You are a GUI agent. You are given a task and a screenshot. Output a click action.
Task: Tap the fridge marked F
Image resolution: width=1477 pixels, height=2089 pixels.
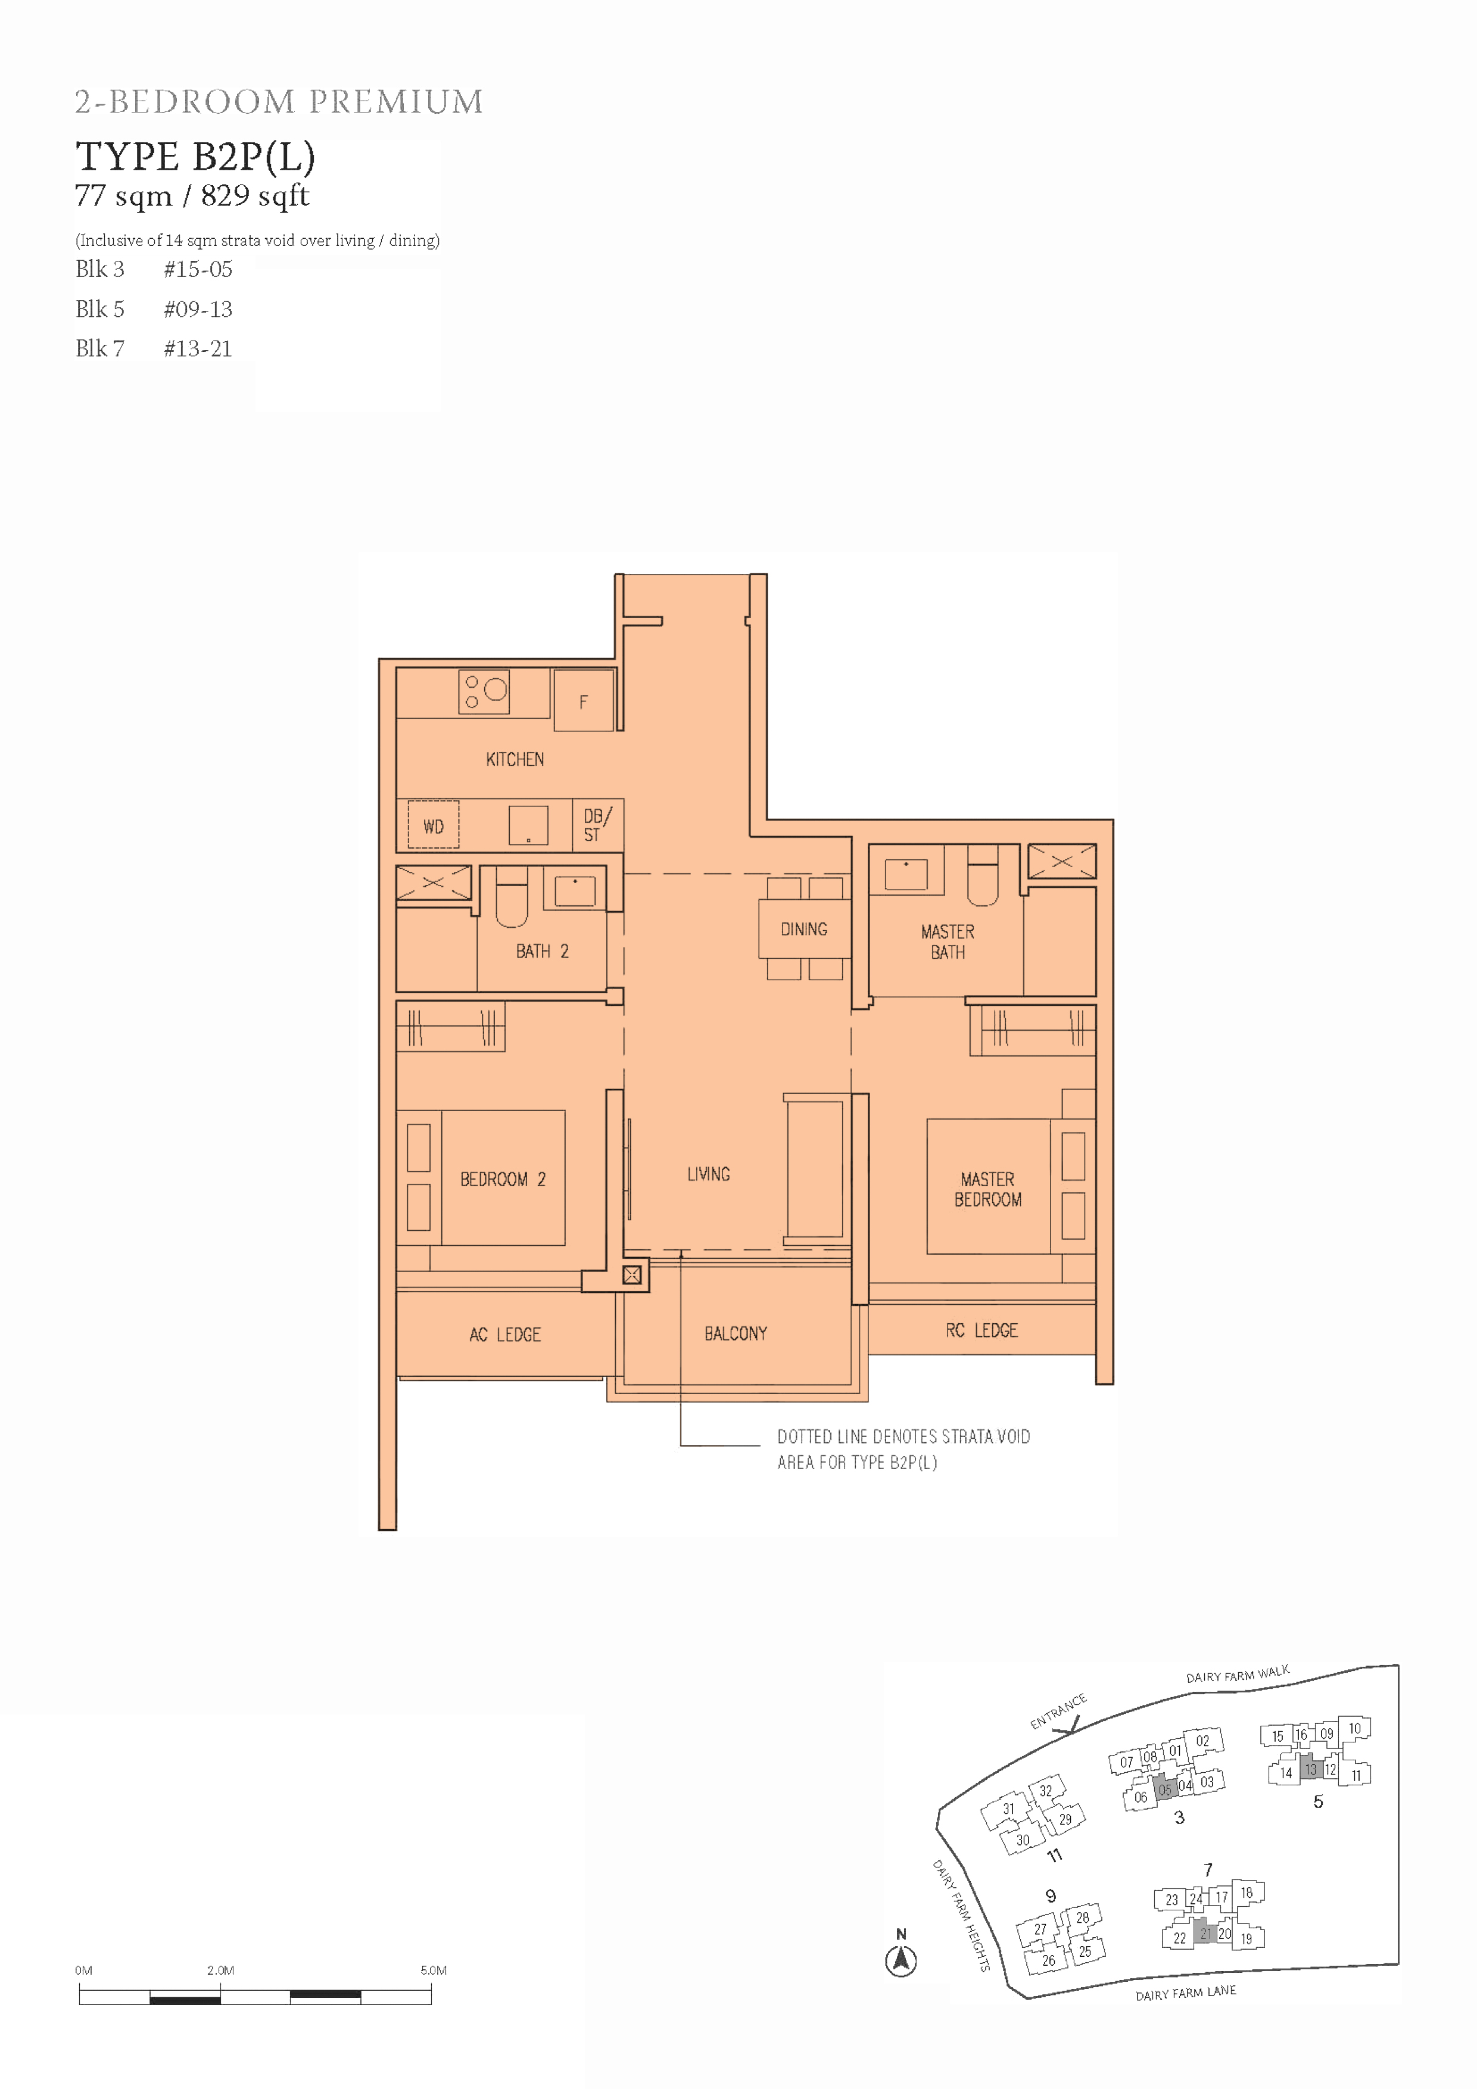click(x=583, y=700)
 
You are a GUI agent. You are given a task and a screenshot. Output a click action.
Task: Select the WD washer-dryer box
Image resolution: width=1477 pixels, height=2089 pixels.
click(x=433, y=824)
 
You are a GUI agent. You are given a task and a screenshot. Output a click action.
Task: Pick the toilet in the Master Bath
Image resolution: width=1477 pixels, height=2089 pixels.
click(x=982, y=875)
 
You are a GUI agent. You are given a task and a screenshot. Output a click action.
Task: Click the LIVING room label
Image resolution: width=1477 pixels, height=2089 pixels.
click(x=708, y=1174)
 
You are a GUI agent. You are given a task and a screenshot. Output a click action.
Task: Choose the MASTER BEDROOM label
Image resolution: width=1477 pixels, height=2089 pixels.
click(x=987, y=1189)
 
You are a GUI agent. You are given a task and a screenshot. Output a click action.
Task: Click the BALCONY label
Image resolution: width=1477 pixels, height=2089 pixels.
click(x=736, y=1334)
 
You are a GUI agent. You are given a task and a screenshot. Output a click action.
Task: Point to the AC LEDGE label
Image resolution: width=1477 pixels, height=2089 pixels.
click(x=505, y=1335)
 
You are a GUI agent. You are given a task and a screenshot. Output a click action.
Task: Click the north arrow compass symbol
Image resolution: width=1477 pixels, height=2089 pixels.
click(x=901, y=1959)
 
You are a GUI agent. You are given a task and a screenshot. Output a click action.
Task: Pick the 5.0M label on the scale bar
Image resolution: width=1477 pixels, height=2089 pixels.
click(x=433, y=1970)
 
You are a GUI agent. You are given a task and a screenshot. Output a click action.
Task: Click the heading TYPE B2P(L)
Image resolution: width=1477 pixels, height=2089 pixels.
click(x=196, y=157)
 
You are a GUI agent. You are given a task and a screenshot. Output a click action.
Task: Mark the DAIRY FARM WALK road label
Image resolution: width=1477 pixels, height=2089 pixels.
click(x=1238, y=1674)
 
